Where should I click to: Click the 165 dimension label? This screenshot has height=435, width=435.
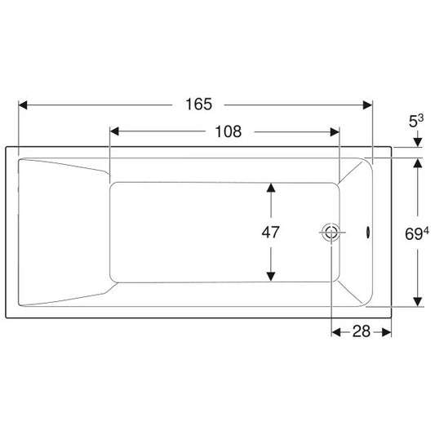198,104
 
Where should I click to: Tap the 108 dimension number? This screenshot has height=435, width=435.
228,131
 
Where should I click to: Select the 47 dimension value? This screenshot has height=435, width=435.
270,233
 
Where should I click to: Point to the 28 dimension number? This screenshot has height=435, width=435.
362,331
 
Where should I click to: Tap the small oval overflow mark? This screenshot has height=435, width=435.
368,233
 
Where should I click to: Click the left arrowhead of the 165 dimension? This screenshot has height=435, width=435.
23,105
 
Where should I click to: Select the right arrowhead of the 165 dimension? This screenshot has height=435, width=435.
368,105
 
